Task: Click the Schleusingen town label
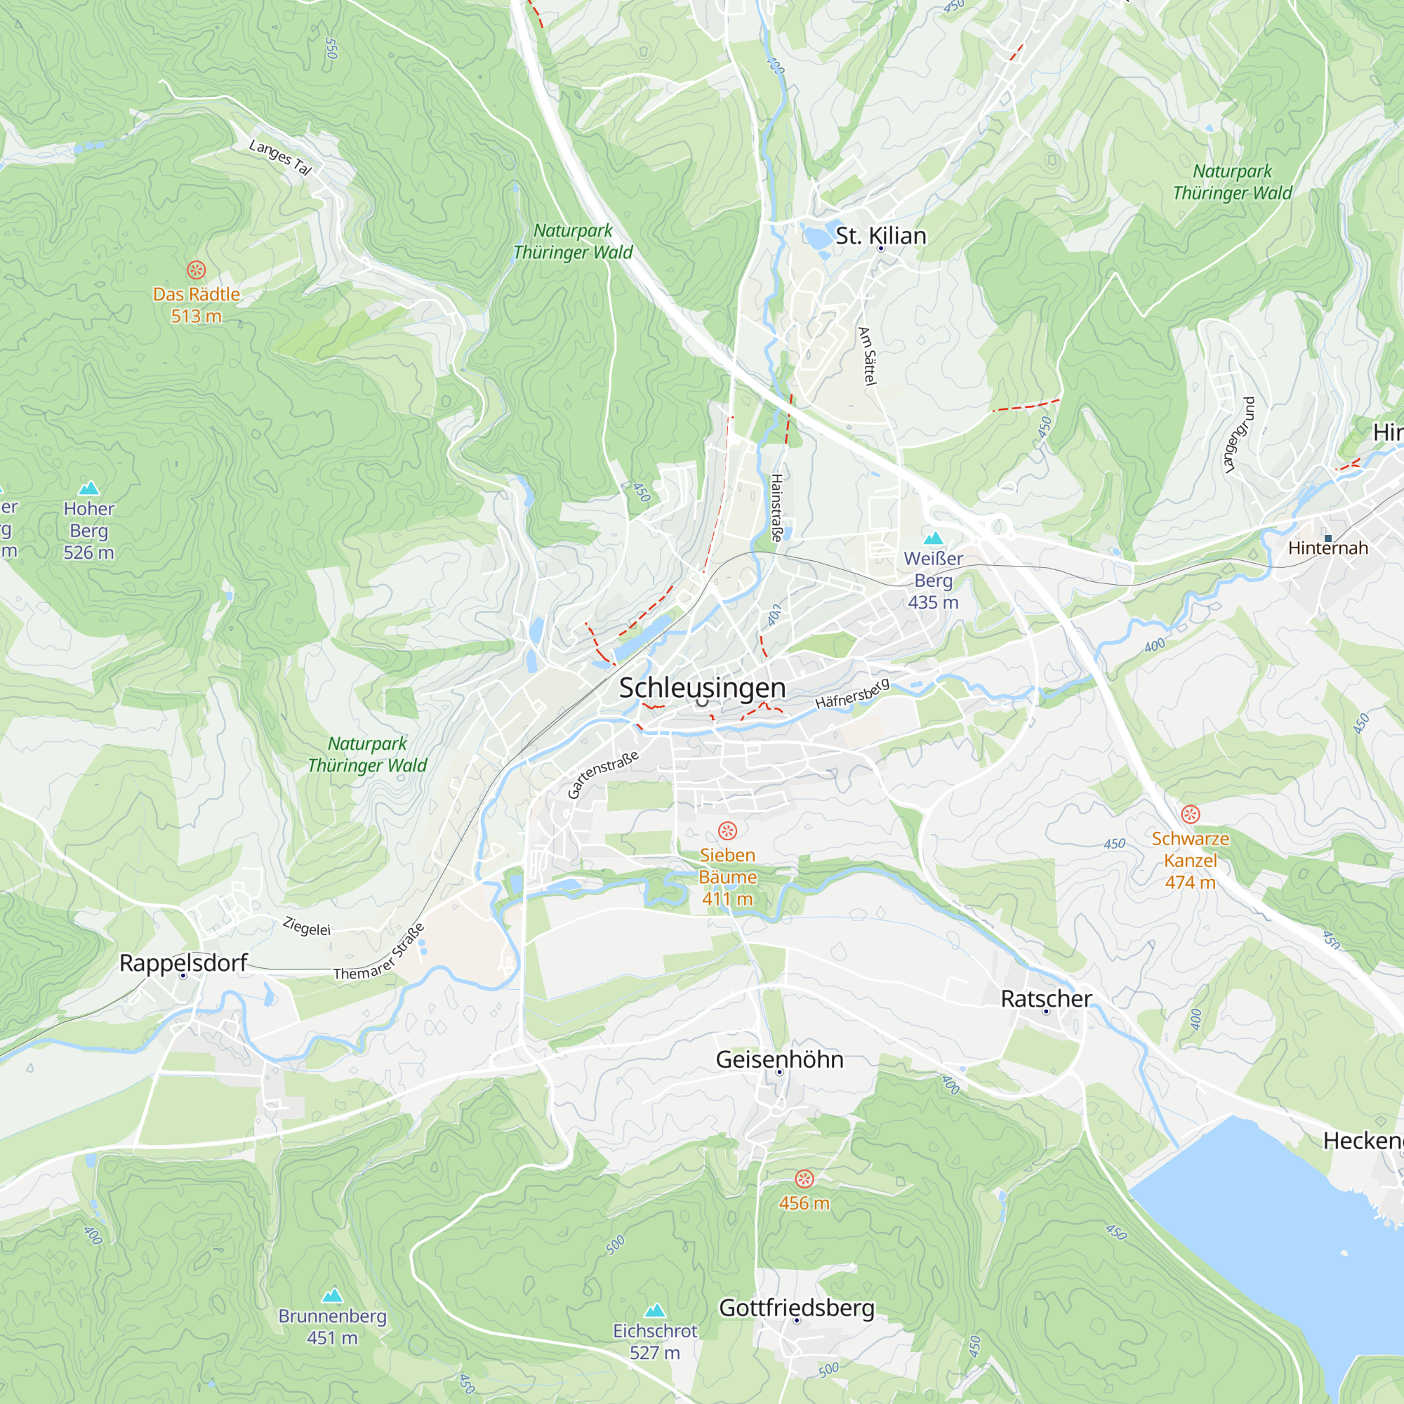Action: pos(702,687)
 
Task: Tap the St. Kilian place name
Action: pos(881,236)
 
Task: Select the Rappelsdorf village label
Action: pos(183,963)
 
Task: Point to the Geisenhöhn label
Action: pos(779,1059)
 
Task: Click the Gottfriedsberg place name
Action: pos(797,1307)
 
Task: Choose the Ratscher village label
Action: pos(1046,998)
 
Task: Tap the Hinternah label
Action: pos(1327,548)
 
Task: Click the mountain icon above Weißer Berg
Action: pos(933,538)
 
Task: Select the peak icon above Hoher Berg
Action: pos(88,489)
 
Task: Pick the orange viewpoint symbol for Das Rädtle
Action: pos(197,270)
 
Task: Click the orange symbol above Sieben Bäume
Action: pos(727,830)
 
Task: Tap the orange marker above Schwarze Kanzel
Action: pos(1191,814)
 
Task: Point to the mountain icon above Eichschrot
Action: pos(655,1310)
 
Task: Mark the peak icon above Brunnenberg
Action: pos(332,1296)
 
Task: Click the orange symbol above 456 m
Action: pos(804,1179)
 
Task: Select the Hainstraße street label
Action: pos(776,508)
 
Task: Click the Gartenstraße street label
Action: pos(602,775)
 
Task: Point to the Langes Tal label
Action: pos(281,157)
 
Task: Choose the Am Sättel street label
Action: pos(868,356)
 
